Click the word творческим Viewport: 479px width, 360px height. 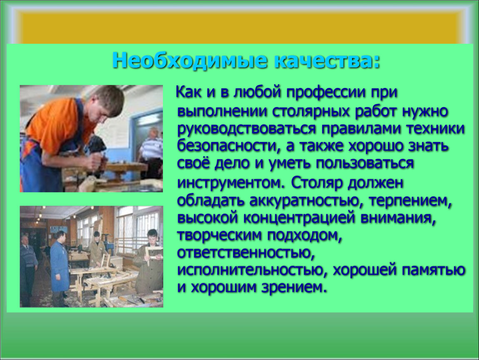tap(220, 235)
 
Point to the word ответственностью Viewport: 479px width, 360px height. tap(246, 253)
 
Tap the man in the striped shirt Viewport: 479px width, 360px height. tap(151, 152)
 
